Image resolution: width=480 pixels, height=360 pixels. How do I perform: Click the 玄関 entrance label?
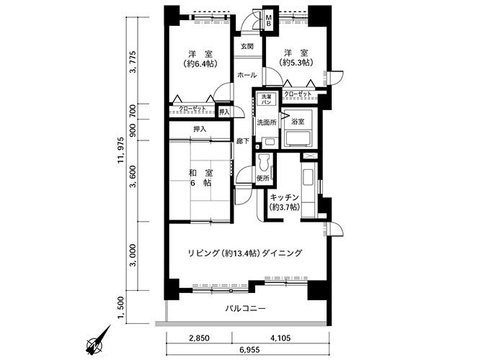point(246,47)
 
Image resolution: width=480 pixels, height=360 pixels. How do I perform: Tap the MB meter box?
point(269,20)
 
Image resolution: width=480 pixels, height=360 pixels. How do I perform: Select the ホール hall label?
point(246,75)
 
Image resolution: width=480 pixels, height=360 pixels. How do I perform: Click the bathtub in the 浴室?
point(298,138)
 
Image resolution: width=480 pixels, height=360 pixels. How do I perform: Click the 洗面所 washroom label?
point(267,122)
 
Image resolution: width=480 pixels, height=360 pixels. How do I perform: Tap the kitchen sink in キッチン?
point(308,178)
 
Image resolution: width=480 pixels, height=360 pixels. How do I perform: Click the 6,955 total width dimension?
point(248,350)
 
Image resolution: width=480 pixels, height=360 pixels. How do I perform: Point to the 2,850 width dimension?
point(200,338)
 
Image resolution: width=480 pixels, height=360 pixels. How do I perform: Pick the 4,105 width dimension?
point(280,338)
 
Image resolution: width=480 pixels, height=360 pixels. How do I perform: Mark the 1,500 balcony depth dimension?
point(122,310)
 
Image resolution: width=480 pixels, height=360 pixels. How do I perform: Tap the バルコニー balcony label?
point(246,308)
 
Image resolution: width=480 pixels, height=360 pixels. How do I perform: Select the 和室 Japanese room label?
point(201,174)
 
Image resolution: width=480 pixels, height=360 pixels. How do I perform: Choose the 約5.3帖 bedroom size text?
point(295,63)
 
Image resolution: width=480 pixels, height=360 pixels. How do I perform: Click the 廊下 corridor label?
point(242,141)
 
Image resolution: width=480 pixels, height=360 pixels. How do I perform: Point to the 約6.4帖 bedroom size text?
point(200,64)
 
